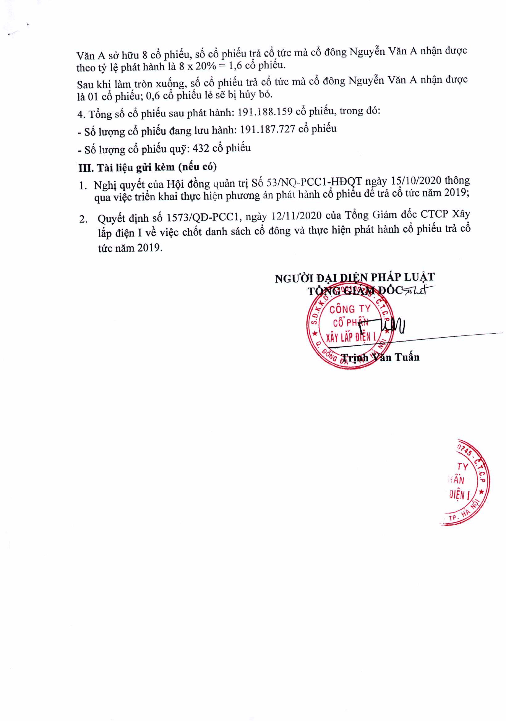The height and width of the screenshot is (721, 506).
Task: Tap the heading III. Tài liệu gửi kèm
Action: [148, 167]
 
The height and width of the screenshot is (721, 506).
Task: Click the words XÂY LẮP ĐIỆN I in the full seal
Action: [351, 338]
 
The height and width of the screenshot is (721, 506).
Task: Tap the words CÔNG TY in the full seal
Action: [350, 310]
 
